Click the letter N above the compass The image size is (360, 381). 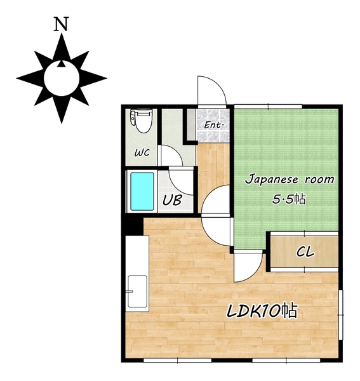[x=61, y=24]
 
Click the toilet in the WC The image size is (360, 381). [x=141, y=121]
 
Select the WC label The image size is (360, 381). [x=142, y=152]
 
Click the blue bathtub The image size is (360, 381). [x=142, y=191]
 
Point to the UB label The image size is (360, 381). [x=172, y=200]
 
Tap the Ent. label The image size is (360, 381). [x=213, y=125]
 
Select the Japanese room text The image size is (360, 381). [x=290, y=180]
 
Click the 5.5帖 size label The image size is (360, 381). [x=289, y=199]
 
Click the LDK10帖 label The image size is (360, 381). [x=262, y=311]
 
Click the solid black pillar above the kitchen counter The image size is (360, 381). [x=133, y=225]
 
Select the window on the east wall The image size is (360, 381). [x=340, y=315]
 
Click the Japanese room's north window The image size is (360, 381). [x=268, y=106]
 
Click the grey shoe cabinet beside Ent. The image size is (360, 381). [x=192, y=124]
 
